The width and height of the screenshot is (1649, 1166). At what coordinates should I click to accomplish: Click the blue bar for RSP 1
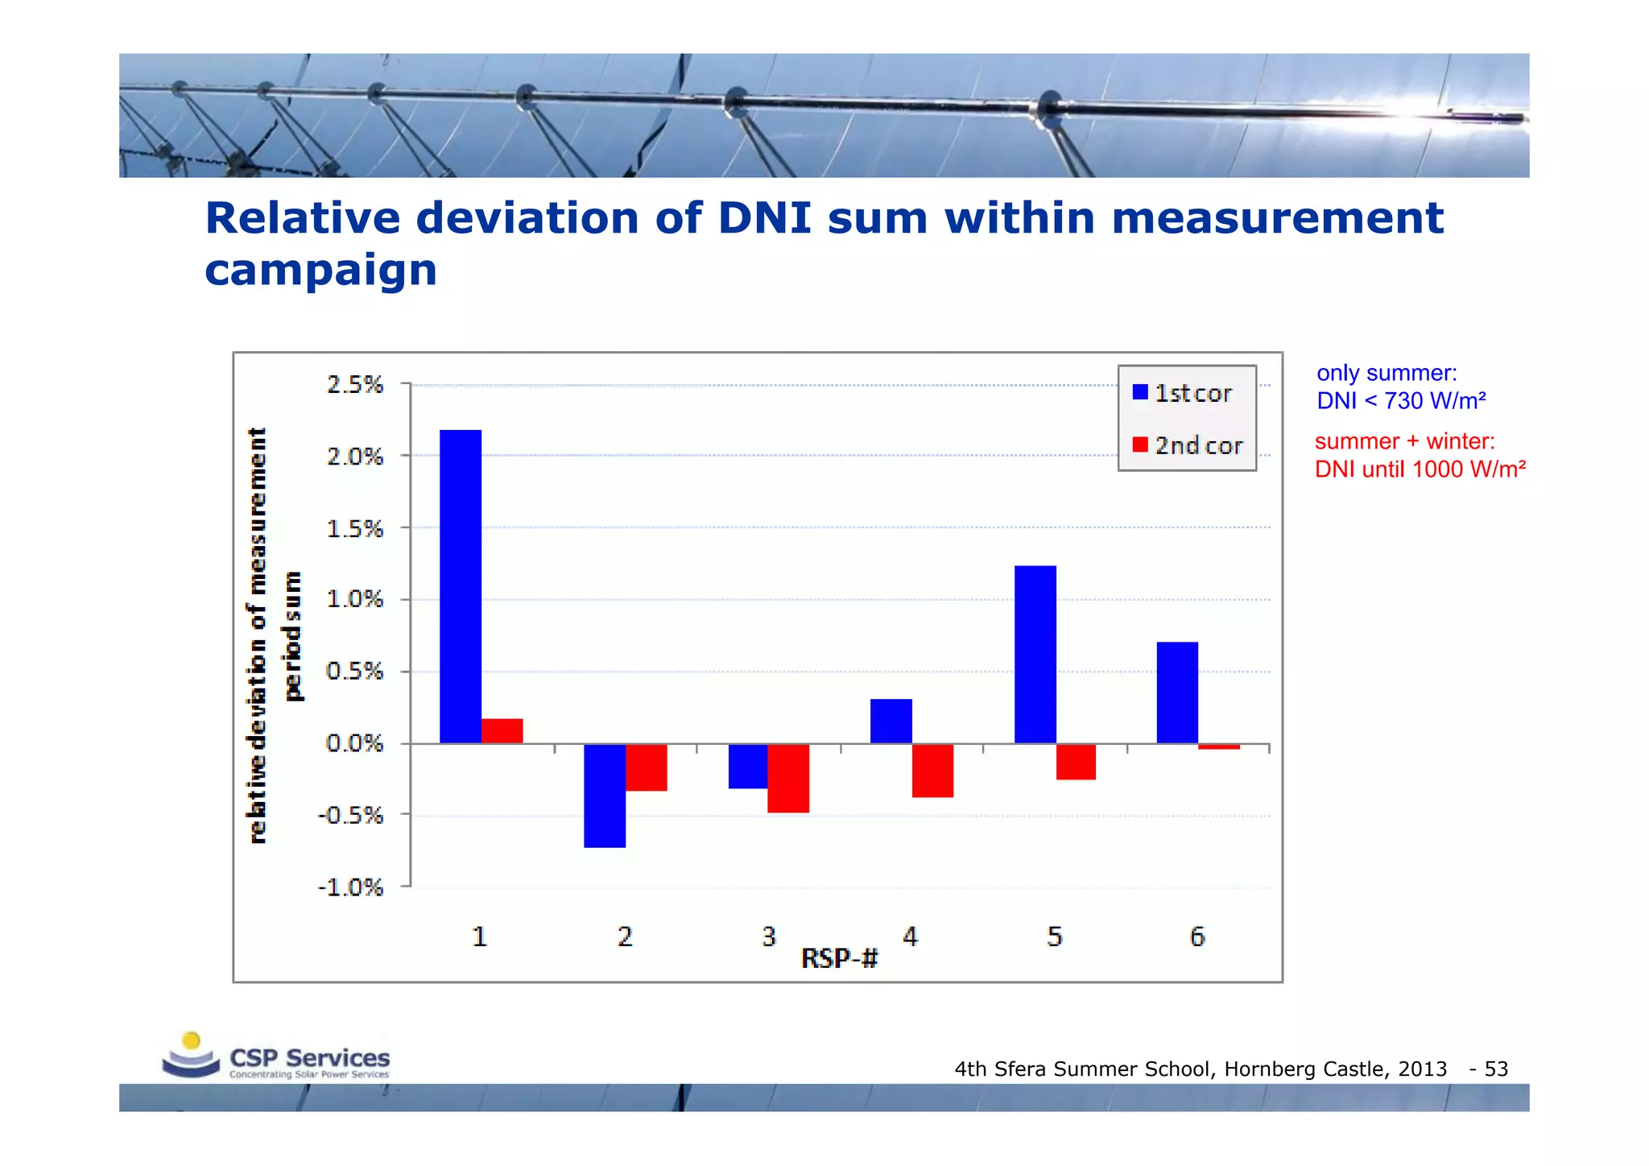coord(461,586)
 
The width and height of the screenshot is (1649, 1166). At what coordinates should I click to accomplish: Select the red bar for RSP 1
coord(502,731)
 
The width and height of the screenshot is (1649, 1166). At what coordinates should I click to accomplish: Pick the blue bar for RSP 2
coord(605,796)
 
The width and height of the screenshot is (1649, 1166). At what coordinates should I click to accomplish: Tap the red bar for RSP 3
coord(788,778)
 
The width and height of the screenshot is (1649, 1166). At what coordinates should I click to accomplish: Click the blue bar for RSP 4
coord(891,722)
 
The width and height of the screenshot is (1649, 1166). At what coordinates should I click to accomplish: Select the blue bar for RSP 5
coord(1035,654)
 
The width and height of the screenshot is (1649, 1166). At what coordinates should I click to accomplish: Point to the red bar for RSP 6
coord(1219,747)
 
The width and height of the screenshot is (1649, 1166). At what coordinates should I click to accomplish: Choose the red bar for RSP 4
coord(932,771)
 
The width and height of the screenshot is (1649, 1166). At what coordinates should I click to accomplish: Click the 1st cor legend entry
coord(1183,393)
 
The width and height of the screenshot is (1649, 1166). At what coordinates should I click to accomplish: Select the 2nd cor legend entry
coord(1188,445)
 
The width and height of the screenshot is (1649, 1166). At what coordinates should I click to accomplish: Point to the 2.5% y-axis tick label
coord(355,385)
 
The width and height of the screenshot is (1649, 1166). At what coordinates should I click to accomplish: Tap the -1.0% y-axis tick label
coord(351,887)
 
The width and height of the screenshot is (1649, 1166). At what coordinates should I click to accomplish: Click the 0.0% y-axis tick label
coord(354,743)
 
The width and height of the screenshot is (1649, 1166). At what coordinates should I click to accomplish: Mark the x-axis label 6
coord(1197,937)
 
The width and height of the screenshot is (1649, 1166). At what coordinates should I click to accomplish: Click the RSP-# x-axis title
coord(839,958)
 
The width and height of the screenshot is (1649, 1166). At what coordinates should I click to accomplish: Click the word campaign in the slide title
coord(320,270)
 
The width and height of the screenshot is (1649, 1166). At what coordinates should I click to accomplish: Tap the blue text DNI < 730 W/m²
coord(1401,400)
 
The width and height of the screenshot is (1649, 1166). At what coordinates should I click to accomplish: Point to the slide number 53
coord(1496,1069)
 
